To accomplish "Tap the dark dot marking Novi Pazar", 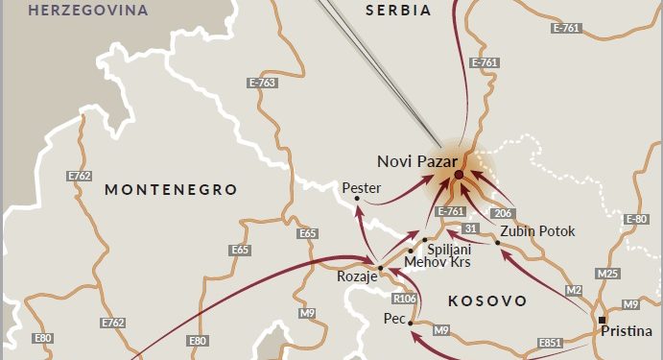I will (x=459, y=175).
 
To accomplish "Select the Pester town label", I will (x=362, y=187).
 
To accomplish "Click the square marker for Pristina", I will (x=602, y=320).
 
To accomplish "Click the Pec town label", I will (x=394, y=318).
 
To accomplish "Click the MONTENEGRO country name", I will (x=171, y=189).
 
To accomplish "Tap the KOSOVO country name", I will (x=487, y=300).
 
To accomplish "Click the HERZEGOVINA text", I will (x=88, y=11).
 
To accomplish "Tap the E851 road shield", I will (x=551, y=342).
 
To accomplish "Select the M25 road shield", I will (x=607, y=274).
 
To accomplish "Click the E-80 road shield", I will (x=636, y=220).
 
